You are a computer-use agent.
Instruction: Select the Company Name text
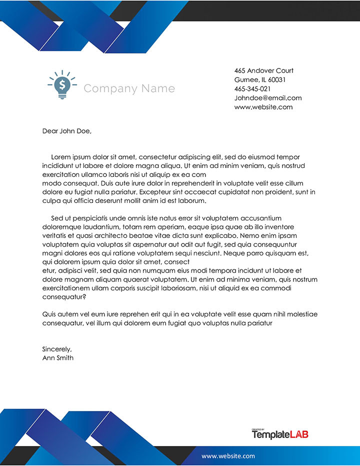(129, 89)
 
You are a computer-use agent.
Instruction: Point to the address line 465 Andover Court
(263, 70)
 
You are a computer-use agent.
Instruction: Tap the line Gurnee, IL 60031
(259, 80)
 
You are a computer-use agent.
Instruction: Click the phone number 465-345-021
(252, 89)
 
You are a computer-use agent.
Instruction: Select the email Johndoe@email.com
(268, 98)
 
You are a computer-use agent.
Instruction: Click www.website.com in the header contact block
(263, 107)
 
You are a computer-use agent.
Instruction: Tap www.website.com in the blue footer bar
(228, 455)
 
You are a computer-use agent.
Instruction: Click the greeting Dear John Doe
(67, 131)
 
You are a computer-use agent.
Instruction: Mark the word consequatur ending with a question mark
(64, 297)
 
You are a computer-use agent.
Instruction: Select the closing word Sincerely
(57, 349)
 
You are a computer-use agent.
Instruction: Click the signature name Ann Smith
(58, 358)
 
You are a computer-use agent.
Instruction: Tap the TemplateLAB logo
(280, 434)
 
